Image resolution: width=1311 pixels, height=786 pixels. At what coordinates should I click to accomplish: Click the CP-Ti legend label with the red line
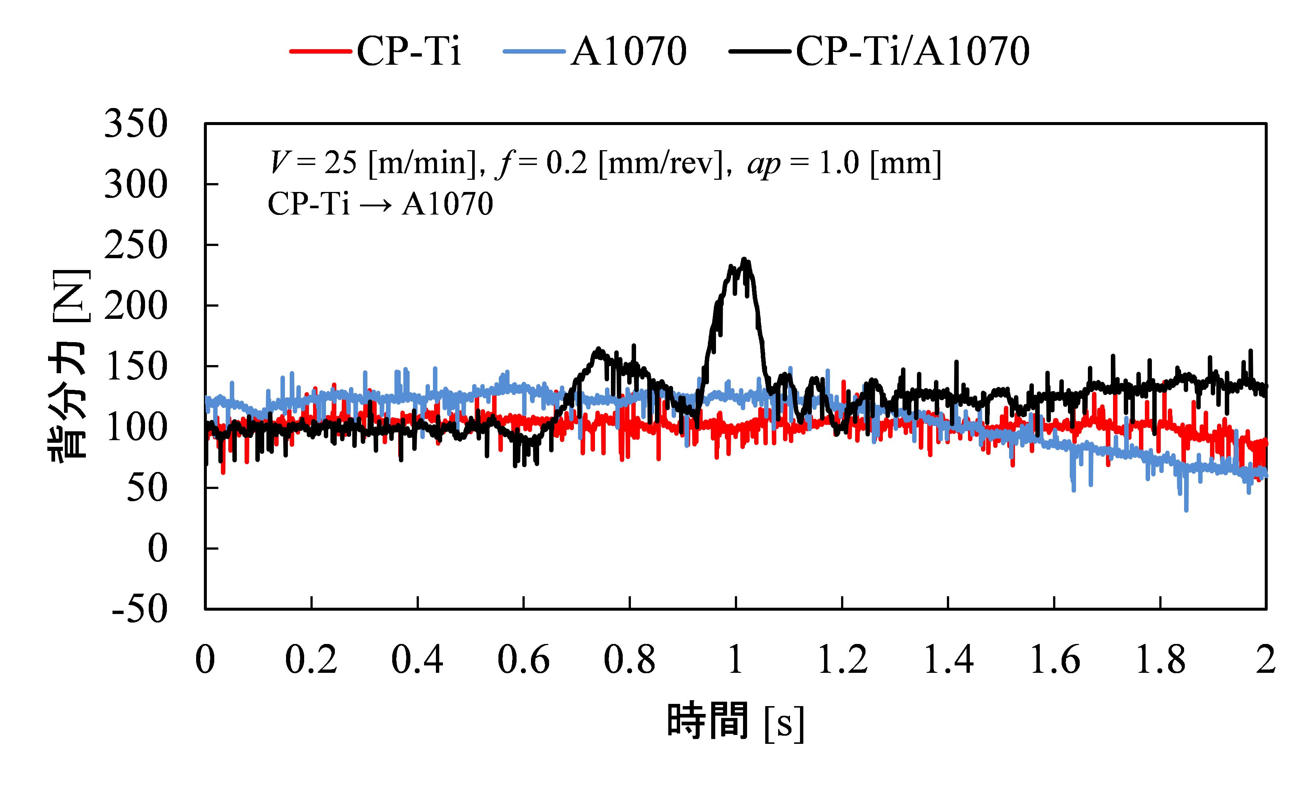click(409, 52)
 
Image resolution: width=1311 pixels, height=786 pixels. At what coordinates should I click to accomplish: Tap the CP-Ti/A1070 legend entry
click(912, 52)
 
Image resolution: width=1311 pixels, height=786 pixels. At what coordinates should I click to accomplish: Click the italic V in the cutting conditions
click(279, 163)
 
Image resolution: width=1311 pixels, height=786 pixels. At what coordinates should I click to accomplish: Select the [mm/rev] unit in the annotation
click(660, 163)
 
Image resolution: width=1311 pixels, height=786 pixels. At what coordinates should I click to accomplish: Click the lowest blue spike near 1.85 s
click(1186, 510)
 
